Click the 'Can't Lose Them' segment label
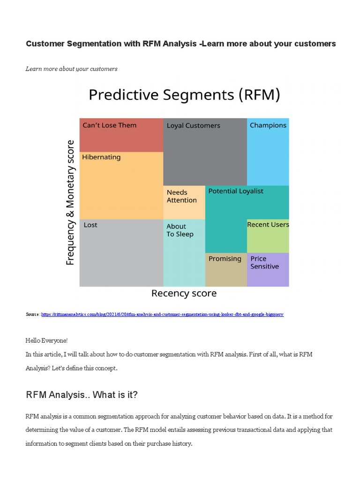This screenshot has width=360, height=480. coord(109,125)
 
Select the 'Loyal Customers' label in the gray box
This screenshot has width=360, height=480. coord(193,126)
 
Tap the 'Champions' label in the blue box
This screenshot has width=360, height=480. coord(268,125)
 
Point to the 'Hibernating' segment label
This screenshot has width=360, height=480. coord(101,157)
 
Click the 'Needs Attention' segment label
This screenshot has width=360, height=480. coord(181,196)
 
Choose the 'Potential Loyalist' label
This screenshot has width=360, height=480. coord(235,191)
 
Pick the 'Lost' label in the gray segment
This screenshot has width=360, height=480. coord(90,225)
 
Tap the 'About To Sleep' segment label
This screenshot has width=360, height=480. coord(180,230)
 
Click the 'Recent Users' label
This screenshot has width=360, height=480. coord(268,225)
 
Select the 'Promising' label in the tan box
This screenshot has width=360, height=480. coord(225,259)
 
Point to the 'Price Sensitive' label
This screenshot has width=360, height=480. coord(264,262)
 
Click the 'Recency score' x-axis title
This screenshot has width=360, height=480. coord(184,293)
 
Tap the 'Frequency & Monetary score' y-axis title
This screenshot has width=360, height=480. coord(70,202)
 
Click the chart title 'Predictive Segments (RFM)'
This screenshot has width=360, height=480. coord(184,95)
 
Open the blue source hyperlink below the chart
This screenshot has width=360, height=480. coord(162,315)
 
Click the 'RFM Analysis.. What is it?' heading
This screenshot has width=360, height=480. coord(82,395)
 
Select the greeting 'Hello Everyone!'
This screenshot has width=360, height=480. coord(47,340)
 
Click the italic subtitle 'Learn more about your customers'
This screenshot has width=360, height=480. coord(71,69)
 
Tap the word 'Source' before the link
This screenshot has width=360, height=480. coord(32,315)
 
